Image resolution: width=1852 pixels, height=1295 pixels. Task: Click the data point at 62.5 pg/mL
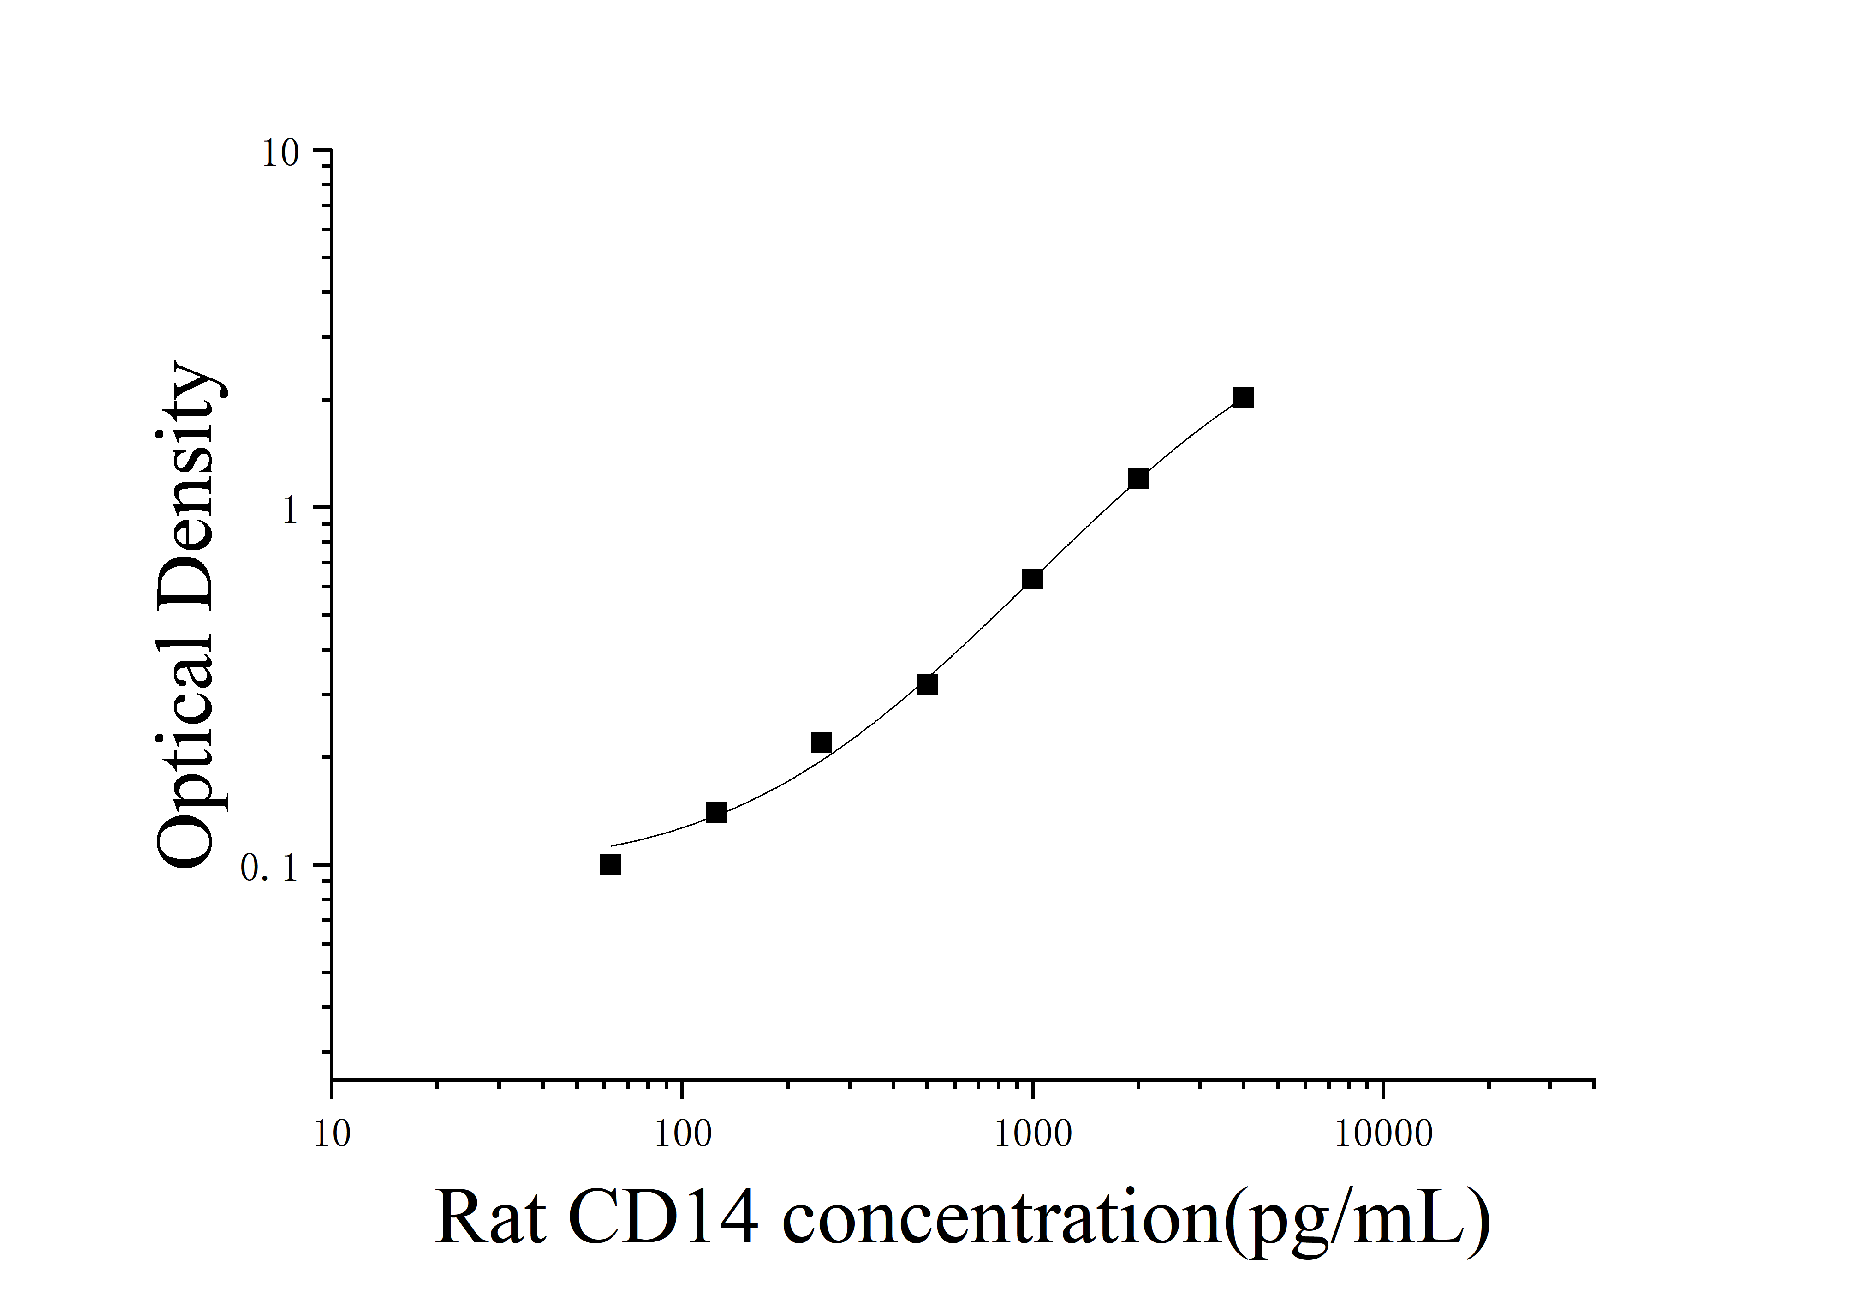(x=611, y=865)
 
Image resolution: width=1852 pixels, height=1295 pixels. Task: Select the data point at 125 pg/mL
(x=715, y=813)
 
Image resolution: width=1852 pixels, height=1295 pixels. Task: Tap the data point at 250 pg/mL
(x=821, y=742)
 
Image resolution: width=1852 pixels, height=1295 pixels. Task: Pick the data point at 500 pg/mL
(x=927, y=684)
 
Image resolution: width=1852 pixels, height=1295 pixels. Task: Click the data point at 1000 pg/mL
(x=1032, y=579)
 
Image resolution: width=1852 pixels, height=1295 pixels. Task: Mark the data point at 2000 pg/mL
(x=1137, y=479)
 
